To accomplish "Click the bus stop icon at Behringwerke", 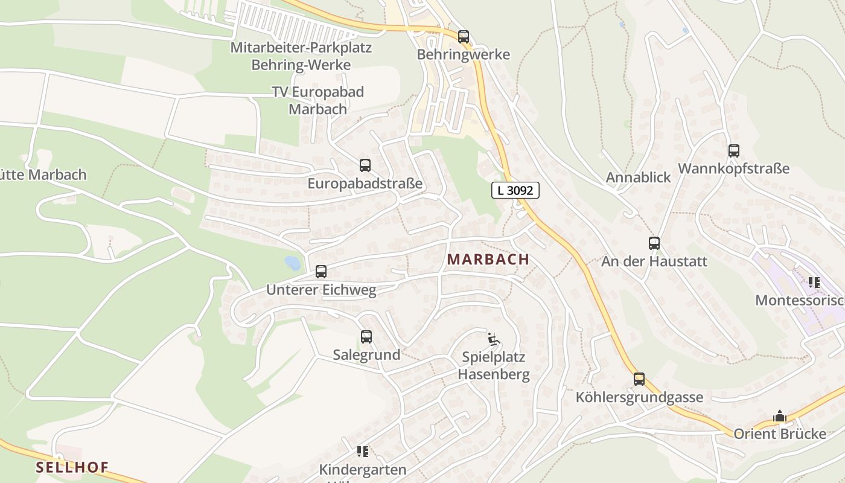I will click(463, 37).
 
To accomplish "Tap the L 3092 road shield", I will click(515, 190).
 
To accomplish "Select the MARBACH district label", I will click(488, 260).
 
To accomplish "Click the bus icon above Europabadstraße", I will click(365, 165).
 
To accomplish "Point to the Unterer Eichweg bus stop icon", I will click(321, 272).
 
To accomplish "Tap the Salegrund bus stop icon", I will click(366, 337).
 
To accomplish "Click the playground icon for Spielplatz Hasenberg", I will click(494, 339).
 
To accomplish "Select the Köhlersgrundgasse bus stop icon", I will click(639, 379).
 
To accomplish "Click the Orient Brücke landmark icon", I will click(780, 417).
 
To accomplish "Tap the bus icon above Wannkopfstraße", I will click(733, 151).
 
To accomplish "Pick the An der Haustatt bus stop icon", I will click(654, 243).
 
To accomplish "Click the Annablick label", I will click(639, 178).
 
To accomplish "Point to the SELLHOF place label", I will click(72, 467).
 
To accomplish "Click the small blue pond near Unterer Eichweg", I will click(292, 263).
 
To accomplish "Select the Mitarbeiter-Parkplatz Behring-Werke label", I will click(301, 56).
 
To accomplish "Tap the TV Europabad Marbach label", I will click(318, 100).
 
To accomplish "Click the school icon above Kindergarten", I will click(362, 451).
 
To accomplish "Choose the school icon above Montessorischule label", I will click(814, 282).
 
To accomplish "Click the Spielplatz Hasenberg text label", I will click(494, 365).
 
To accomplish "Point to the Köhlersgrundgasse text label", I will click(639, 397).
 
